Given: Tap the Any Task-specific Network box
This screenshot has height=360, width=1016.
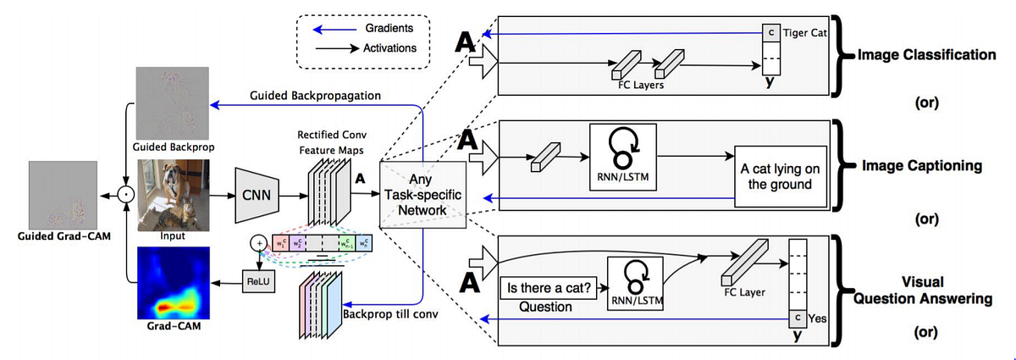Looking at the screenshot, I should [424, 194].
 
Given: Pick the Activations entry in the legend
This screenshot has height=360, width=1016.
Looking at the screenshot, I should [389, 48].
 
